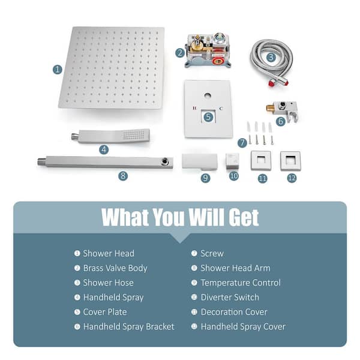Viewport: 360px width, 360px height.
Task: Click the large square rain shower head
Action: tap(112, 68)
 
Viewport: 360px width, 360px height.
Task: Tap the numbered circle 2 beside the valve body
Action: tap(180, 53)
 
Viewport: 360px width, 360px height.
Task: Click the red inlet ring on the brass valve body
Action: tap(218, 61)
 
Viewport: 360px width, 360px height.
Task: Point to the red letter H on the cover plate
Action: tap(194, 108)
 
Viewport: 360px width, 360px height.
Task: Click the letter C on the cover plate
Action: tap(221, 109)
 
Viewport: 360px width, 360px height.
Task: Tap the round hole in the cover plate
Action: tap(208, 95)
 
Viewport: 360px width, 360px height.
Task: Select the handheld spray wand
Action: tap(110, 136)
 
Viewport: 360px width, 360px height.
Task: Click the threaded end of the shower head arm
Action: tap(41, 161)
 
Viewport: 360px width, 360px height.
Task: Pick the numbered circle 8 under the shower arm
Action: tap(123, 176)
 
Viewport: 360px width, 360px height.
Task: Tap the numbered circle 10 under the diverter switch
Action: tap(234, 176)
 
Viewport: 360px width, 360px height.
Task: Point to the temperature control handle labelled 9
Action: tap(200, 162)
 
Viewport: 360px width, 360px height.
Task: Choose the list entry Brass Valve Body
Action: tap(115, 268)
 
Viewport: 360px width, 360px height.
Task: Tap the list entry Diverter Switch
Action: tap(230, 298)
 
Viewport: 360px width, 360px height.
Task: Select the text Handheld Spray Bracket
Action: tap(129, 327)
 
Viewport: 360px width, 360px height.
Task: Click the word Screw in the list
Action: tap(212, 253)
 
